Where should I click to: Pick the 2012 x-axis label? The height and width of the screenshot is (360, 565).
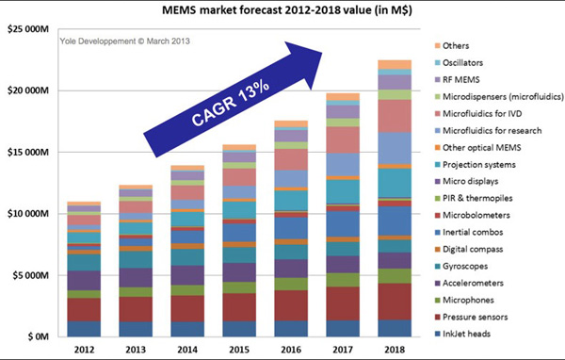84,350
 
